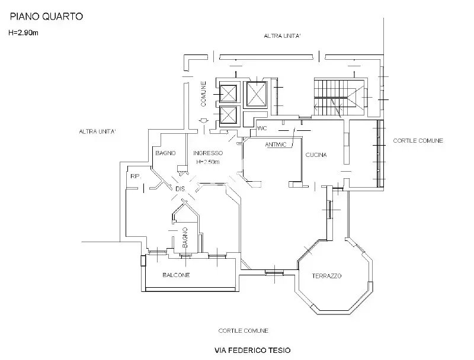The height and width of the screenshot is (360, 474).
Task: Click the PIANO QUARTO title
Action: [x=46, y=17]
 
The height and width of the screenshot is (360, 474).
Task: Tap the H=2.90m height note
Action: [x=23, y=33]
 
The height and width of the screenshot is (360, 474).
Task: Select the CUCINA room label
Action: [x=316, y=155]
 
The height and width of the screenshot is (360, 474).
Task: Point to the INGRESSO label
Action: [x=208, y=153]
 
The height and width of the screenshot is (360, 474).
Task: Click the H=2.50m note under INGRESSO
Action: [x=208, y=162]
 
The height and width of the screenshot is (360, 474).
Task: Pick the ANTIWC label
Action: [x=276, y=144]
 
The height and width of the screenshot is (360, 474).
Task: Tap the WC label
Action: [x=262, y=128]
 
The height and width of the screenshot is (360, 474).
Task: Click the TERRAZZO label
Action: [x=327, y=276]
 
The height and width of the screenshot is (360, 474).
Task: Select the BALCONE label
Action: [x=176, y=275]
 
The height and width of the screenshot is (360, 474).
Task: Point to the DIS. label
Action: [x=181, y=189]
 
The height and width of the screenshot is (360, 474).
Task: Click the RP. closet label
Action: [x=136, y=176]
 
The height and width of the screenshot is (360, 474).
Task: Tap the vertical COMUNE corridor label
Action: [x=203, y=94]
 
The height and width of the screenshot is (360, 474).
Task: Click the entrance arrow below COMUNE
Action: [x=204, y=121]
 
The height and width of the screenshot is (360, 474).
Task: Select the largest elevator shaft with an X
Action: [x=257, y=95]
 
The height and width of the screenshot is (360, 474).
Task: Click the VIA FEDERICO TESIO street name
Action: [x=252, y=351]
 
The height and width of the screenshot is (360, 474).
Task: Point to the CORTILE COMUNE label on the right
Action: [x=418, y=141]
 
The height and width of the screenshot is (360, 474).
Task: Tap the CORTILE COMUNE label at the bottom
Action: [x=243, y=331]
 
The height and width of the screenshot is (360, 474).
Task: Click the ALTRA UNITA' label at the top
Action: [x=282, y=36]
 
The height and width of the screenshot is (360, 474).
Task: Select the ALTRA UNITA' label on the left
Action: [x=97, y=131]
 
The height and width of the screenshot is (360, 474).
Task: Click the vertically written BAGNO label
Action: [x=185, y=237]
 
